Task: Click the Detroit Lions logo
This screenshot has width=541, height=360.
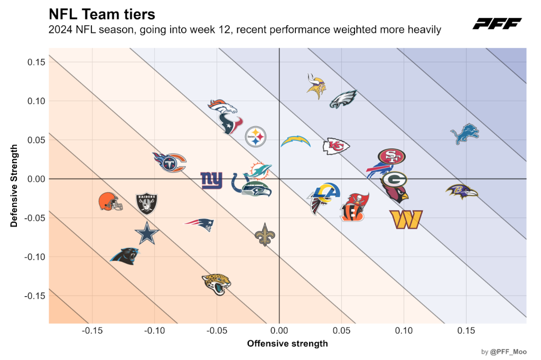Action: (x=465, y=134)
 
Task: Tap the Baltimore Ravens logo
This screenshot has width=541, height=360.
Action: (x=462, y=192)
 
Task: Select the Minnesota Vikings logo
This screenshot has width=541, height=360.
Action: (x=316, y=86)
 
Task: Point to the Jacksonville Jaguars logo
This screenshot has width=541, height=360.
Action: (x=216, y=284)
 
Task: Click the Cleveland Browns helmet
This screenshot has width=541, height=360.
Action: (x=110, y=202)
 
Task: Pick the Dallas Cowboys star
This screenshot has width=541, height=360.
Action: (x=147, y=233)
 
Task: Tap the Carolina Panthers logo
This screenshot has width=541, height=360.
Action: (x=125, y=256)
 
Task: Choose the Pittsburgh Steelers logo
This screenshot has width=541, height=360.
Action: (x=256, y=137)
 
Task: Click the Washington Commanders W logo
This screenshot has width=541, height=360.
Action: (x=406, y=220)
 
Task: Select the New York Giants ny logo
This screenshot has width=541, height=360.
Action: (x=211, y=181)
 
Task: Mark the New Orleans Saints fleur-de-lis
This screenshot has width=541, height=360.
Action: (x=265, y=234)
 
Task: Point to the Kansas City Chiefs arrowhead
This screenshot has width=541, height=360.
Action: (x=336, y=146)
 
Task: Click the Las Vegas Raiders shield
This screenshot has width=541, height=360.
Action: (x=147, y=203)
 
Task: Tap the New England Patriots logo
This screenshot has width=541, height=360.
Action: (x=199, y=225)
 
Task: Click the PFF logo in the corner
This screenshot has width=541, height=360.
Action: (x=497, y=24)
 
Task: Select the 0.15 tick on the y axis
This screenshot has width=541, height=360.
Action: (x=36, y=62)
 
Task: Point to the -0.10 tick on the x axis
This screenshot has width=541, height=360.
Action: (x=155, y=330)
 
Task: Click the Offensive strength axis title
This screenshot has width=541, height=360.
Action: (x=287, y=344)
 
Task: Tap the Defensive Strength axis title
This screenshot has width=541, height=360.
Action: (x=14, y=185)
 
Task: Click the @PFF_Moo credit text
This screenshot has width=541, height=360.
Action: (x=508, y=352)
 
